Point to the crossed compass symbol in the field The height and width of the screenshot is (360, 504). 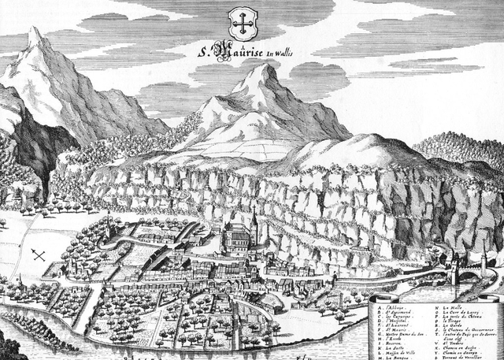point(38,255)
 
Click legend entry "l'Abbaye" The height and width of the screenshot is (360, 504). point(398,307)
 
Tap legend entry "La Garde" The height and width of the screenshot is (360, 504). point(454,325)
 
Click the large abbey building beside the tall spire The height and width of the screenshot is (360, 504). point(236,236)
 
